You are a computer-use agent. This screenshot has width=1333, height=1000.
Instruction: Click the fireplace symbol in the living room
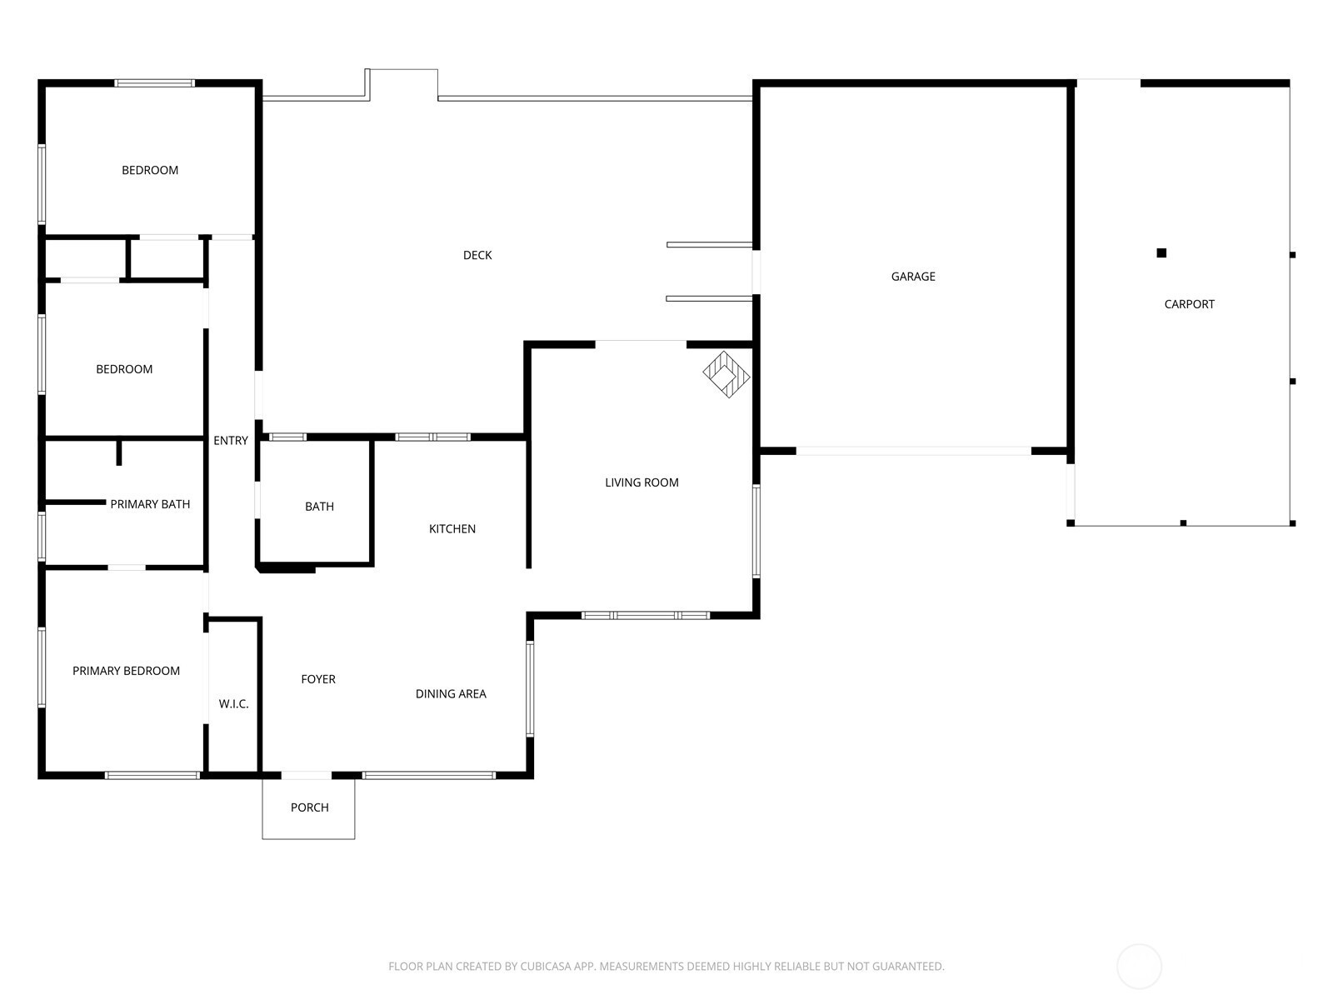(726, 375)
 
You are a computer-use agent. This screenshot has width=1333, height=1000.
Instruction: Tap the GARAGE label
(913, 277)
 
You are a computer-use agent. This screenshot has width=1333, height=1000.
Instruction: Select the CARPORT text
(1189, 305)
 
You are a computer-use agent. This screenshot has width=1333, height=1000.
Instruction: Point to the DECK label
(477, 256)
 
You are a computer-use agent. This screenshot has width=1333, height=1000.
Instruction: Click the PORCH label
(310, 807)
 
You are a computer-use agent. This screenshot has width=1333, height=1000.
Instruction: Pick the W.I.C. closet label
(234, 704)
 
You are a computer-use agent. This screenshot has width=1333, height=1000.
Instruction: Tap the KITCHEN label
(452, 529)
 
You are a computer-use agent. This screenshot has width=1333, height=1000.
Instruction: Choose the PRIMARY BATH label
(150, 504)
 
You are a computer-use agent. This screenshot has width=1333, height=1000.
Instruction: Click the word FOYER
(318, 679)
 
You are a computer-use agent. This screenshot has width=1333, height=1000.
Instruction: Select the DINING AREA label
(451, 694)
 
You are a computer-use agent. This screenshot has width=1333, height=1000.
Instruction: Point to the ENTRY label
(231, 441)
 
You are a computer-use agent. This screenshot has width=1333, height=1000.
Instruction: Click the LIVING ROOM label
(642, 482)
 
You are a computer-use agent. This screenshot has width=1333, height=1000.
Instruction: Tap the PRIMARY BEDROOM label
(127, 671)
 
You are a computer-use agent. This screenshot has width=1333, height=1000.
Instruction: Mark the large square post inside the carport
(1161, 253)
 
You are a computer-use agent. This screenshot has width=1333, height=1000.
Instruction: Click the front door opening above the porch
(306, 775)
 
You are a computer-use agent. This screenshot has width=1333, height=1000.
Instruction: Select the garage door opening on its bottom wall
(913, 451)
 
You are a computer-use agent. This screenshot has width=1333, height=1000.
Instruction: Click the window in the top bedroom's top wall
(155, 83)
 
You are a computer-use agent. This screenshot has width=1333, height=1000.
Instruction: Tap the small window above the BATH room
(287, 437)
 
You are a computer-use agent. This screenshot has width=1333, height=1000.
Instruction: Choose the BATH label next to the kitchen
(319, 507)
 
